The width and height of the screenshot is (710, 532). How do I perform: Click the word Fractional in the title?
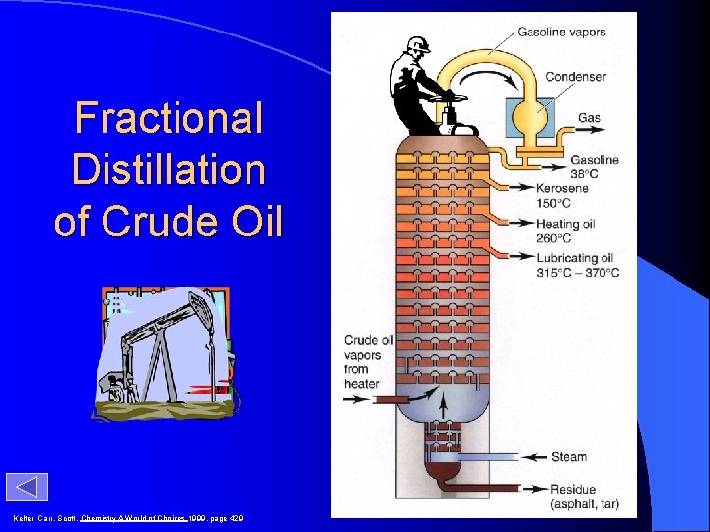(x=169, y=119)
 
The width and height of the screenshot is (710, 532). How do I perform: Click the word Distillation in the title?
(x=169, y=169)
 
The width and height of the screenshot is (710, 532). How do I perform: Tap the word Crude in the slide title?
(x=171, y=221)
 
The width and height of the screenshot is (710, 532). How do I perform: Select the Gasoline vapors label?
(x=561, y=32)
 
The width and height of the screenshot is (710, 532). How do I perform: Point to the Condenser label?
(x=576, y=77)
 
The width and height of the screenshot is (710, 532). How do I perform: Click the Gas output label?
(x=589, y=118)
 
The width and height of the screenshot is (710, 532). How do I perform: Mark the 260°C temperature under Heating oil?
(x=554, y=237)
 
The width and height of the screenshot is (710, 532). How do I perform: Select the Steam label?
(x=569, y=456)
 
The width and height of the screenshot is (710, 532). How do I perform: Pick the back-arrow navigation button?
(x=27, y=488)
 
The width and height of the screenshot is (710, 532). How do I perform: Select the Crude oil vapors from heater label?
(x=369, y=362)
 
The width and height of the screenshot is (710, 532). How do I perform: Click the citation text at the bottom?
(x=128, y=518)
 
